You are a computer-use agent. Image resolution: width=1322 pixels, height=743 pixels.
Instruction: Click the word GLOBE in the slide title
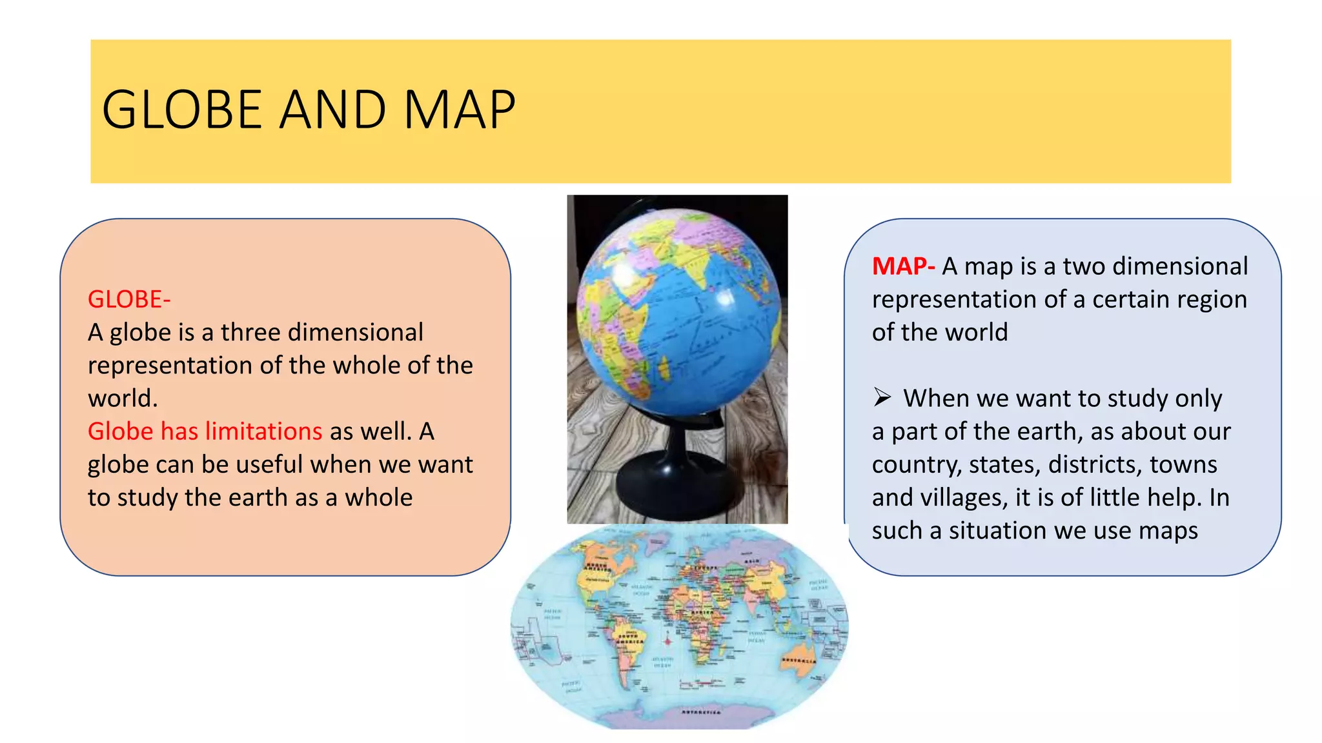click(181, 110)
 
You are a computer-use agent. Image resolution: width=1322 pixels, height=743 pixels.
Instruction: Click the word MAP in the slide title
click(459, 110)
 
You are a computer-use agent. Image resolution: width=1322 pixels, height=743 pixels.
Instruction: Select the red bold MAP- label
click(903, 266)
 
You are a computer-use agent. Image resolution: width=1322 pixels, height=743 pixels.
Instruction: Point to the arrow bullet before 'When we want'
click(882, 397)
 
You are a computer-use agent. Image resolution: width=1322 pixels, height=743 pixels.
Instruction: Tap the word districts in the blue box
click(1095, 464)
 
